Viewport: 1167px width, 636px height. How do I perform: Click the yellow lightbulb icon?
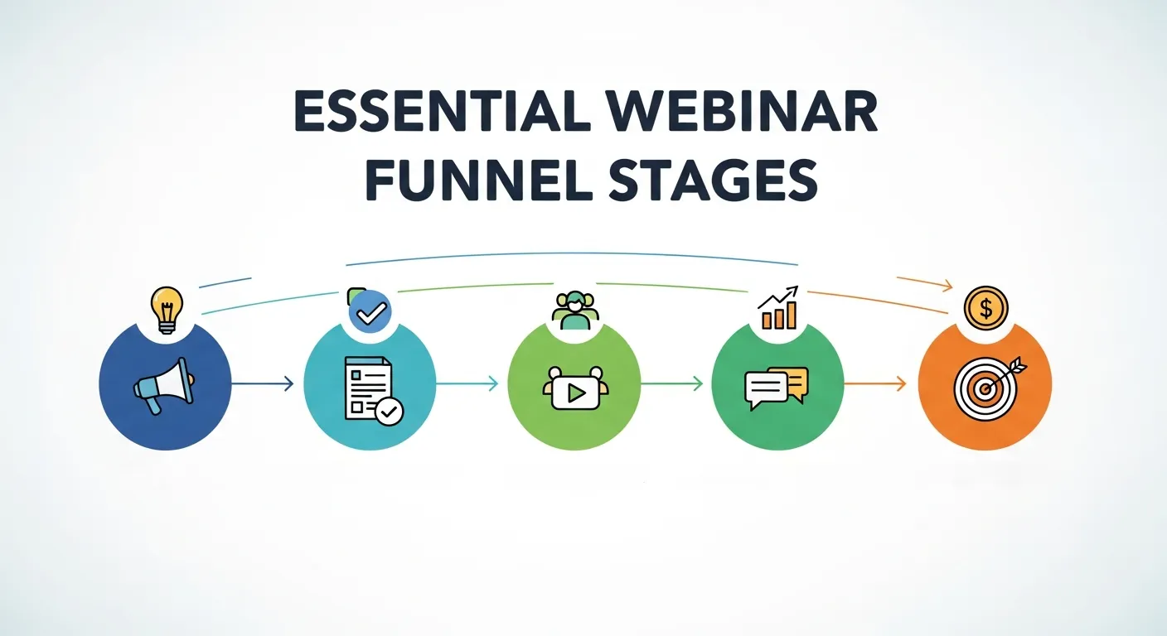166,308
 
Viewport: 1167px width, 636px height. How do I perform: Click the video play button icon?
574,389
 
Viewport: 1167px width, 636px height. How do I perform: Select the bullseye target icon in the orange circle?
985,386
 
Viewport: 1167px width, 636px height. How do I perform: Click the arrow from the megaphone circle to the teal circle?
263,383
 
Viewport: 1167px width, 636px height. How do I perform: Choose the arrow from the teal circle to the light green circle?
467,383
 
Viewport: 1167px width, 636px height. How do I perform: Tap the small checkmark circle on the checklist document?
390,411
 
